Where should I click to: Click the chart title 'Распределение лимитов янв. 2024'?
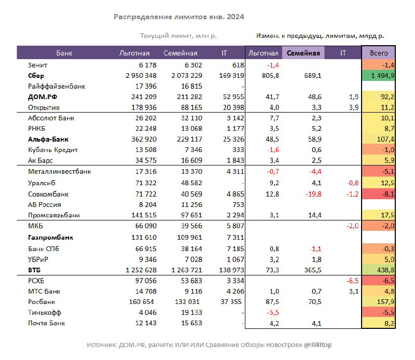[x=178, y=17]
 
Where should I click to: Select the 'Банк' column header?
[x=64, y=53]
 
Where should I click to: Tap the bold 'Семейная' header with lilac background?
[x=303, y=53]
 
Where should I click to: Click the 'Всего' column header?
[x=379, y=53]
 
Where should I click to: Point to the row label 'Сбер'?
[x=36, y=76]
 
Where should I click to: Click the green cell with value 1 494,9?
[x=379, y=76]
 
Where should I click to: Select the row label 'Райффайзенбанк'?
[x=57, y=86]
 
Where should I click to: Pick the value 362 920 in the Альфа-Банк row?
[x=144, y=139]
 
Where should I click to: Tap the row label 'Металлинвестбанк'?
[x=60, y=172]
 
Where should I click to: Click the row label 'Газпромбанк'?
[x=50, y=238]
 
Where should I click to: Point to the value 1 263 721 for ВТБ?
[x=187, y=270]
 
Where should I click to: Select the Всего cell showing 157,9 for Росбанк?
[x=379, y=302]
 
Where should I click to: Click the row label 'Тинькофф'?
[x=45, y=313]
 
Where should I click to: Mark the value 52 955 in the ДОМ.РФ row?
[x=233, y=97]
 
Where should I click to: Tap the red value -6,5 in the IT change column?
[x=353, y=281]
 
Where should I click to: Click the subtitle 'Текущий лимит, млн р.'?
[x=178, y=36]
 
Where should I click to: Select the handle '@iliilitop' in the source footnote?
[x=317, y=345]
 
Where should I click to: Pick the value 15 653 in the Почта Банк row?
[x=191, y=323]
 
